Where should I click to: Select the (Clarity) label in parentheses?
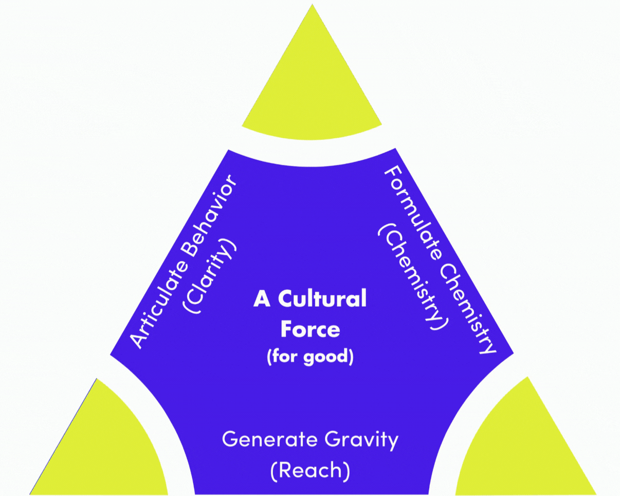210,276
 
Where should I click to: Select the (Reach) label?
310,470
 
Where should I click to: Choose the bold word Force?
310,329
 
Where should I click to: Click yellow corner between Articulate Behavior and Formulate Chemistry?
312,82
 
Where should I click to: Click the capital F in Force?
286,329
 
